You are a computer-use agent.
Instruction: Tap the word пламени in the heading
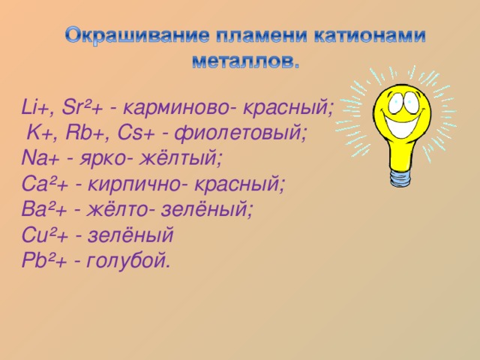pyautogui.click(x=252, y=36)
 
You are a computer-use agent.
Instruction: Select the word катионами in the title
pyautogui.click(x=362, y=36)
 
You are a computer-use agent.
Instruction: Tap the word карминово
pyautogui.click(x=179, y=106)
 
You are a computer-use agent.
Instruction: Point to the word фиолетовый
pyautogui.click(x=240, y=133)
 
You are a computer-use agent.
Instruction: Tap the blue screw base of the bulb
pyautogui.click(x=400, y=177)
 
